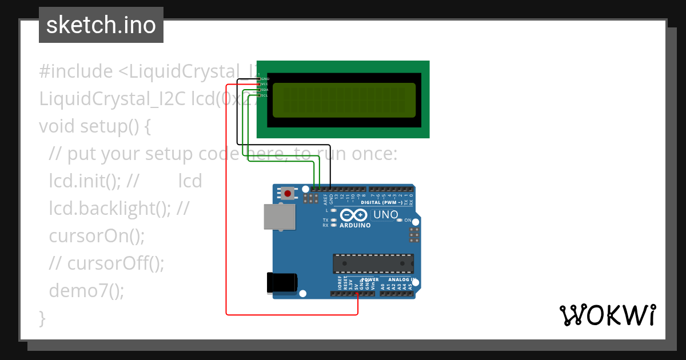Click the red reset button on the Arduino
288,194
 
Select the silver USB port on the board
280,218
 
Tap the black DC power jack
282,282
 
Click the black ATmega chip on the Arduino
373,263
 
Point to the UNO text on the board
385,215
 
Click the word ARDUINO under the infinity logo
355,225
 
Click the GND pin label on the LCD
265,78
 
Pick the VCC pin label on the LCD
265,84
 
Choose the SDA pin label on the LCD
265,90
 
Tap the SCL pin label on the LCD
265,95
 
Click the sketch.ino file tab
101,25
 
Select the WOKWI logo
607,315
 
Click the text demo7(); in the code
86,291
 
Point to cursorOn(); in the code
97,235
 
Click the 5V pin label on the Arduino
357,286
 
